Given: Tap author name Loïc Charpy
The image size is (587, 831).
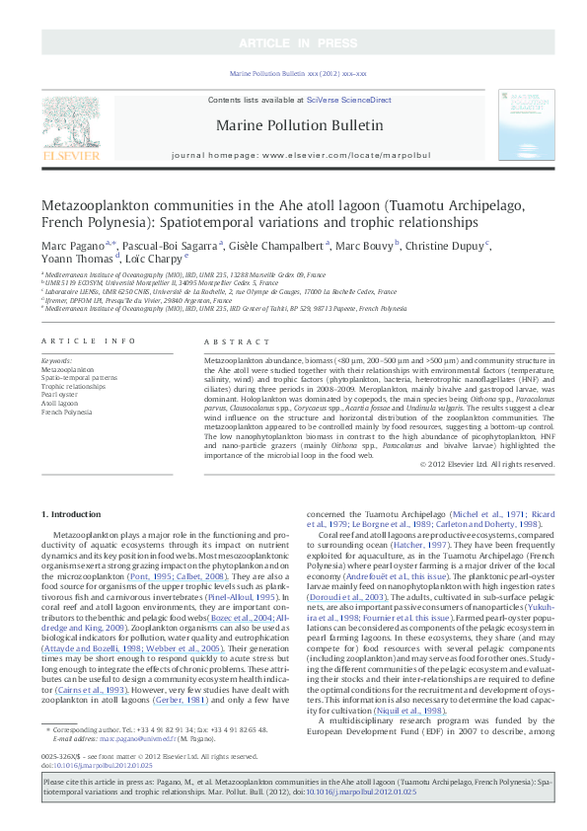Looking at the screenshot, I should coord(153,260).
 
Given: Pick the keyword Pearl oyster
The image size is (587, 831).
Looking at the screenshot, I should coord(60,392).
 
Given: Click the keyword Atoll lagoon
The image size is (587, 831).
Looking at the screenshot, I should coord(59,401).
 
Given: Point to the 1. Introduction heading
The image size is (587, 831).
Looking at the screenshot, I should coord(75,513).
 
